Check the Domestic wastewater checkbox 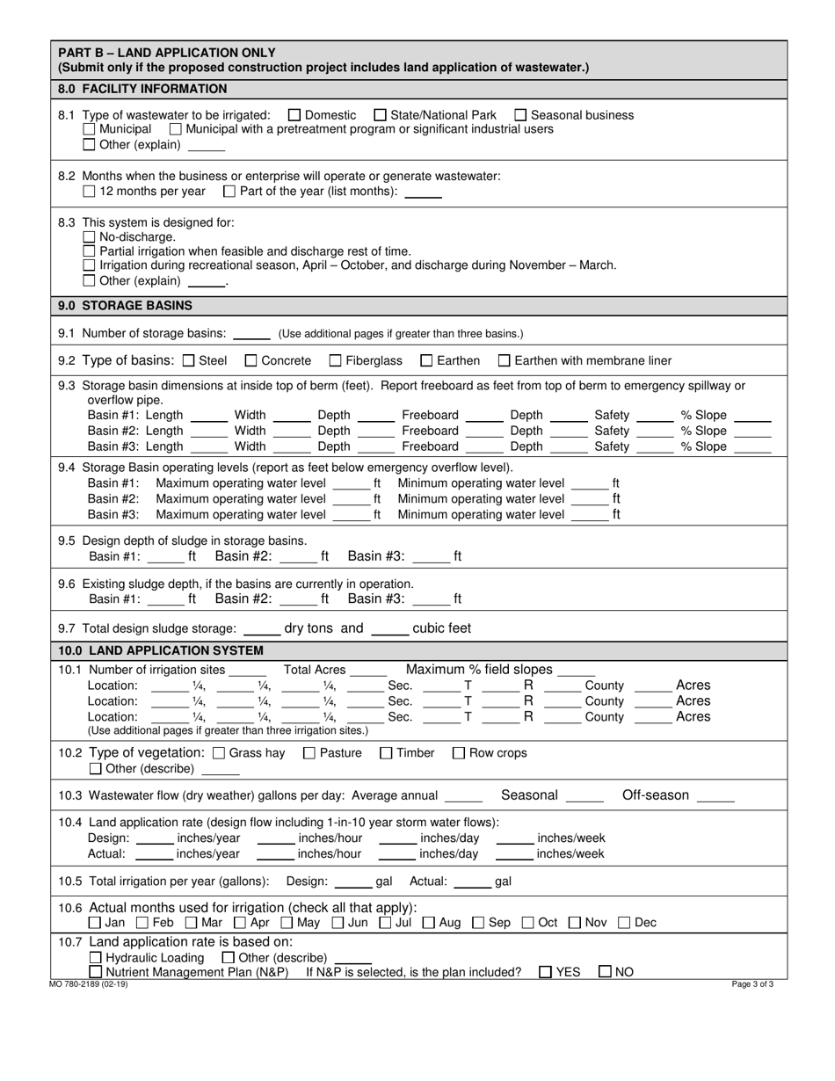(294, 115)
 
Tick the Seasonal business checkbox (520, 115)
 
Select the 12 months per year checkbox (89, 191)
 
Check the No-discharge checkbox (89, 237)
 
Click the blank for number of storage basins (251, 334)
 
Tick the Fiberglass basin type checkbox (335, 360)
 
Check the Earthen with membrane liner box (504, 360)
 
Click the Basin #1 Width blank (291, 416)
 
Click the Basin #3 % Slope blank (752, 446)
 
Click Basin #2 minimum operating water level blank (589, 499)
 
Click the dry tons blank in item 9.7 (260, 629)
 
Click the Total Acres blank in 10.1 (367, 671)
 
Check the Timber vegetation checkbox (386, 753)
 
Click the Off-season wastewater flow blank (715, 796)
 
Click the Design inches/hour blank (275, 838)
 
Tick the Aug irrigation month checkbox (429, 923)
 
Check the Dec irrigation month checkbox (624, 923)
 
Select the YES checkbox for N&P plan (545, 972)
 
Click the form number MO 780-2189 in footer (89, 985)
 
